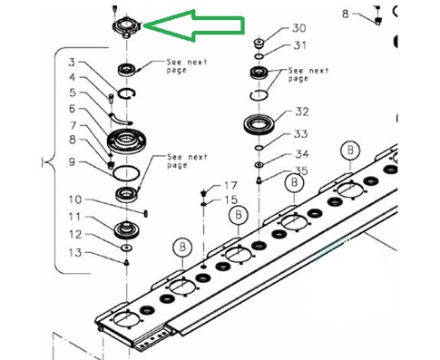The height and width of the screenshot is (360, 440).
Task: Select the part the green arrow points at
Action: (x=126, y=26)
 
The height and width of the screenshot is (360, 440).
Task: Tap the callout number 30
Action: (x=298, y=28)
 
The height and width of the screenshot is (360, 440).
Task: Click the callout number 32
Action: (x=301, y=112)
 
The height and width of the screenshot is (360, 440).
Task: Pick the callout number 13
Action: (x=75, y=252)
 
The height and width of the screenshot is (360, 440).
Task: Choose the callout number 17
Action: (x=230, y=185)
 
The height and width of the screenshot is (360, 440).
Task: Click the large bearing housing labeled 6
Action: (x=127, y=141)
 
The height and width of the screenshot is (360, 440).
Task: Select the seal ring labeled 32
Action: (x=259, y=124)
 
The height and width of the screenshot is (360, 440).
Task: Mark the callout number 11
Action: (x=74, y=217)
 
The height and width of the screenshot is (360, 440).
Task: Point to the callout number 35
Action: (x=301, y=170)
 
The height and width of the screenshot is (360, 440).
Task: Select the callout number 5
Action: (x=73, y=92)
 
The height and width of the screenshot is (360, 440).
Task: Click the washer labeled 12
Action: (x=126, y=248)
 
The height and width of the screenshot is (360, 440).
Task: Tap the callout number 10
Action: (x=75, y=199)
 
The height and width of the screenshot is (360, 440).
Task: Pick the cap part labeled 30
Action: (x=259, y=44)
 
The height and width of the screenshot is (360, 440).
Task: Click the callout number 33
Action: (x=300, y=133)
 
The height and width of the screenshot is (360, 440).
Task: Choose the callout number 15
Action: (x=230, y=199)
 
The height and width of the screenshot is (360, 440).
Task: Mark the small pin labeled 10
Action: (x=146, y=213)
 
